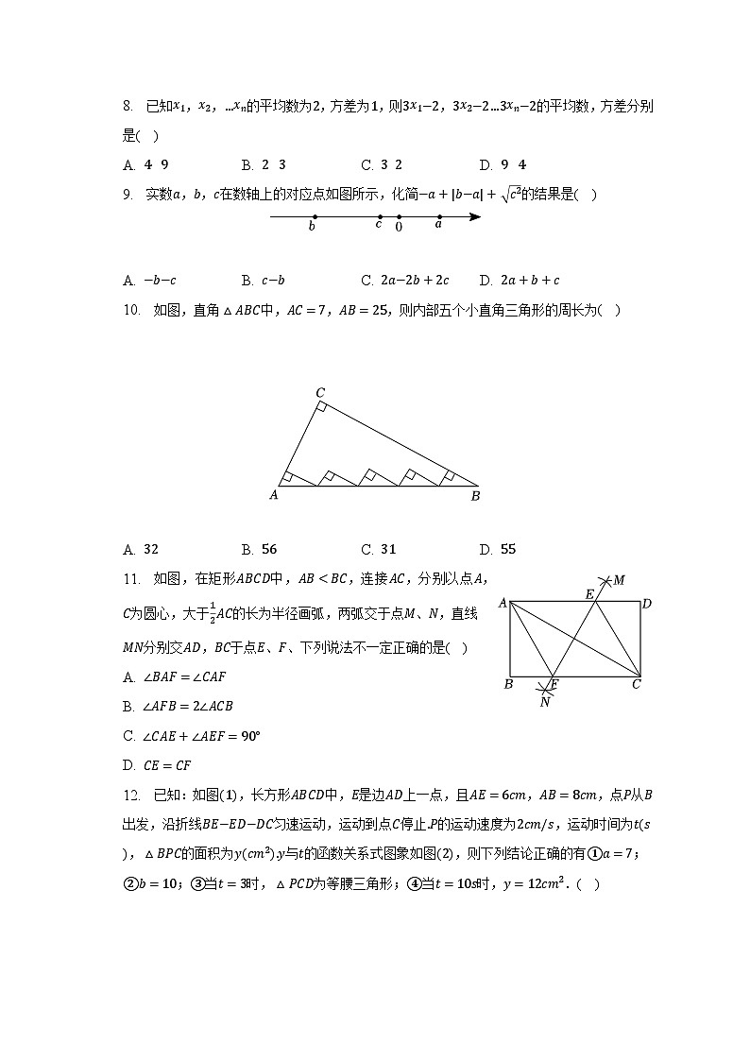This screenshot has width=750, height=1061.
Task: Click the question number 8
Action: pos(127,107)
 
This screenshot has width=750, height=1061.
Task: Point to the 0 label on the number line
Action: pos(399,228)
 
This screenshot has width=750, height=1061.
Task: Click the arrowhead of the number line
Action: pos(475,217)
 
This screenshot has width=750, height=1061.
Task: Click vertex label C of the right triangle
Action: pos(320,392)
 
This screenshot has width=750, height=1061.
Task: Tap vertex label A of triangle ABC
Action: pos(274,494)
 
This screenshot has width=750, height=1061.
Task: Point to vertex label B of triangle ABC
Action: pos(475,494)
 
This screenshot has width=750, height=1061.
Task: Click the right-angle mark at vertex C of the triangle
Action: pos(323,407)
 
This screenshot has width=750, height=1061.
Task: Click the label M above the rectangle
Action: pos(619,579)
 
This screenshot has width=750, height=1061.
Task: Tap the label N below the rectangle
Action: pos(545,701)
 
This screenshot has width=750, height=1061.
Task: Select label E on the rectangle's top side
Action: pos(589,593)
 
